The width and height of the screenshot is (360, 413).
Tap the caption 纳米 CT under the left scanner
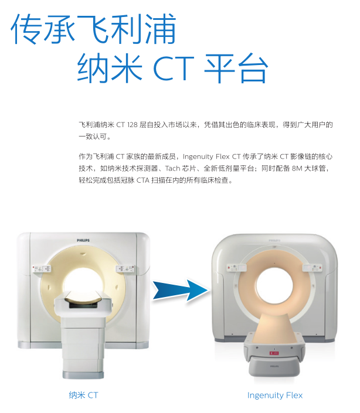pos(83,395)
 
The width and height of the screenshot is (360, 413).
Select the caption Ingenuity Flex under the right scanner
pos(275,395)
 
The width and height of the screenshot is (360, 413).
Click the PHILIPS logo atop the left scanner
pos(83,240)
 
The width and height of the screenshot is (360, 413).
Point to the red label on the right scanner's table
pos(274,353)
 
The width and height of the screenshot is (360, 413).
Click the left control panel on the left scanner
pos(42,269)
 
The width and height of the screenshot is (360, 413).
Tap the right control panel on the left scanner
pos(125,269)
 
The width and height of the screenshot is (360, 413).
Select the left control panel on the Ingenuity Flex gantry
pos(236,268)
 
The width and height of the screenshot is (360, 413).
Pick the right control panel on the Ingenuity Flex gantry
pos(313,268)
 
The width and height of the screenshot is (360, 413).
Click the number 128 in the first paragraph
pos(133,125)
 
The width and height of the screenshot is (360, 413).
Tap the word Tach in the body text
pos(172,168)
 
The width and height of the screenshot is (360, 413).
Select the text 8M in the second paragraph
pos(297,168)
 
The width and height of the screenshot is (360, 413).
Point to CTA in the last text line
pos(143,180)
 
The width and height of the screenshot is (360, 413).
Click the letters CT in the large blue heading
pos(174,68)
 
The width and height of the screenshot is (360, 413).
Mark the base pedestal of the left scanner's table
pos(83,350)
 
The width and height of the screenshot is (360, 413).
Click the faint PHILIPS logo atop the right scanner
pos(274,241)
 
